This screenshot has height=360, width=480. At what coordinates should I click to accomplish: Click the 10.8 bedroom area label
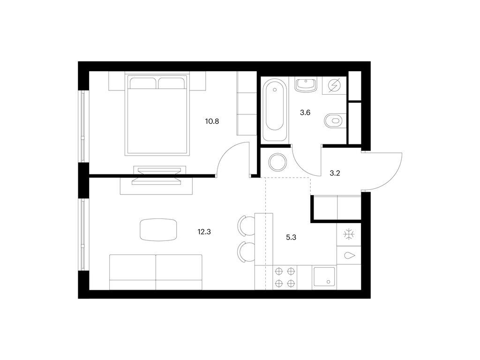coord(212,121)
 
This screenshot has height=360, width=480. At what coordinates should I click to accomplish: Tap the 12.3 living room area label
coord(204,232)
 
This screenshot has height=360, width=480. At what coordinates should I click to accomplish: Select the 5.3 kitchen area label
coord(291,237)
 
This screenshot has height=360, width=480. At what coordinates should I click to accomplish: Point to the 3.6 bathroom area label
coord(305,112)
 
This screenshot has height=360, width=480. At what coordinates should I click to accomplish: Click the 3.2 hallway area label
coord(335,173)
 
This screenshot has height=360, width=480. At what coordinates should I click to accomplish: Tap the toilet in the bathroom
coord(334,120)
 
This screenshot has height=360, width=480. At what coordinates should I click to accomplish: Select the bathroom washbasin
coord(306,84)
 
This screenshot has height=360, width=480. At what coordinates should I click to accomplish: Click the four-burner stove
coord(285,277)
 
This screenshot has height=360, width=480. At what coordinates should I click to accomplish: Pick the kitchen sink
coord(324,277)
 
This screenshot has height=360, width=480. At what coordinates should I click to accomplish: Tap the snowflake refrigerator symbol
coord(349,235)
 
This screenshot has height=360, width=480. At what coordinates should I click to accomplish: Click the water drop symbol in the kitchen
coord(349,255)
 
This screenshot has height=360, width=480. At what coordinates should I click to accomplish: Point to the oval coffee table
coord(158,230)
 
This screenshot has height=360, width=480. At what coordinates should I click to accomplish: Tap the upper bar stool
coord(247,226)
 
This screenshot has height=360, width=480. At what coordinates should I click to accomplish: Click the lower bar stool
coord(247,252)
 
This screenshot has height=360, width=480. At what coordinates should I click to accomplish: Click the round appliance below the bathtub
coord(277,162)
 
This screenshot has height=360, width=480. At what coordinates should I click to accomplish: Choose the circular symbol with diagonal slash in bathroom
coord(334,85)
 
